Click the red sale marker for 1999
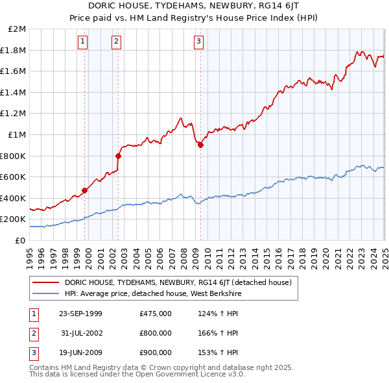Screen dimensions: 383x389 pos(85,190)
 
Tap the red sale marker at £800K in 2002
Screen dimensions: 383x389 pos(119,156)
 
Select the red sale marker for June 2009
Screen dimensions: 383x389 pos(200,145)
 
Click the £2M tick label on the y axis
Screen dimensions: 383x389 pos(18,29)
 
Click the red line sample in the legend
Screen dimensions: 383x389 pos(45,282)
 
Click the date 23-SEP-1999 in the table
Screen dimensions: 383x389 pos(80,314)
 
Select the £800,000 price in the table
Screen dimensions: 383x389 pos(155,333)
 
